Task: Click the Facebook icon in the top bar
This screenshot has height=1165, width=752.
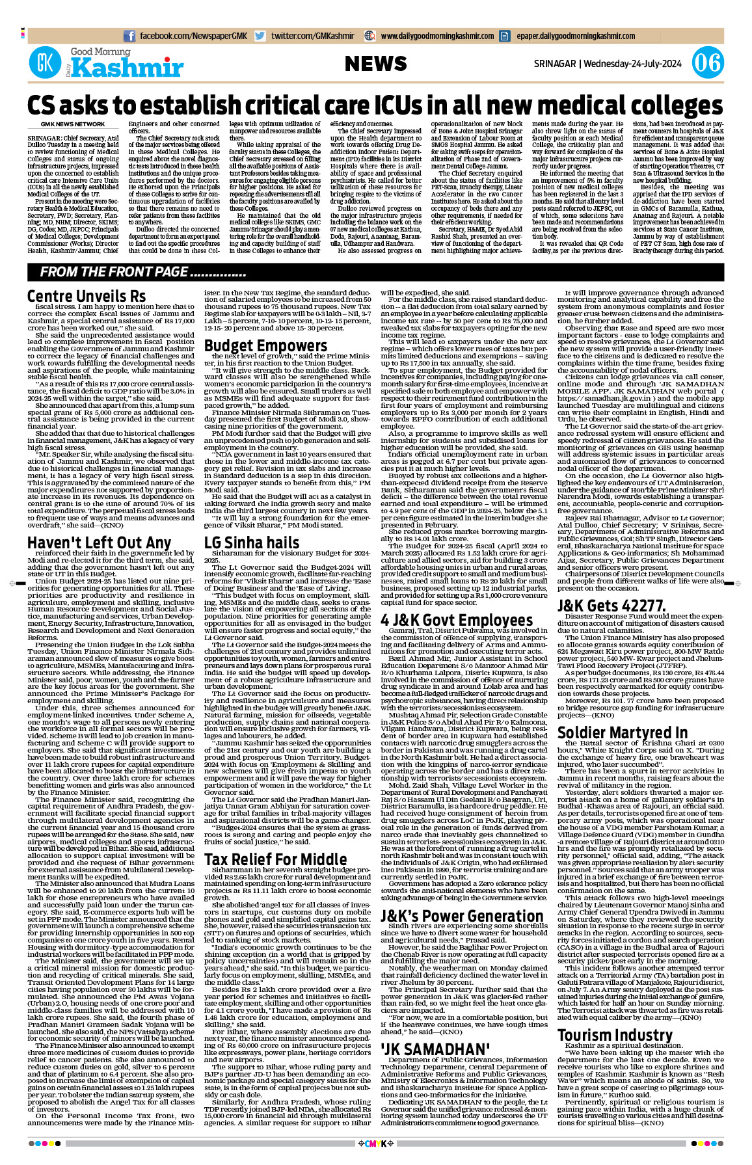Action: [x=129, y=36]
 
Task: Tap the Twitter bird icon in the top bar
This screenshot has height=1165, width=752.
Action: [x=260, y=36]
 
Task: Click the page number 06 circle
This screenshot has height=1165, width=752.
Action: [x=706, y=64]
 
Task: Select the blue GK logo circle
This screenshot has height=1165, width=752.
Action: [x=45, y=63]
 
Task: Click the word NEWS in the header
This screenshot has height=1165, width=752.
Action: [x=375, y=64]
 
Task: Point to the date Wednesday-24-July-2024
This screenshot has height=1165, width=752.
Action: [x=632, y=64]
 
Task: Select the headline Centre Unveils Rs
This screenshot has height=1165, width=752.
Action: [x=87, y=297]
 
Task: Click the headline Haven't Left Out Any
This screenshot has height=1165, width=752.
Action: [x=99, y=543]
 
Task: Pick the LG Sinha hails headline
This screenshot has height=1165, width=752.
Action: [x=252, y=542]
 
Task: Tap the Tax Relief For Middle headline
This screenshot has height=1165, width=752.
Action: [x=275, y=859]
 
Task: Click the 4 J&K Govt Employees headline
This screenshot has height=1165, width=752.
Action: [x=457, y=620]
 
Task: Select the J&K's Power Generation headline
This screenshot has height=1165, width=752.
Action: [x=462, y=916]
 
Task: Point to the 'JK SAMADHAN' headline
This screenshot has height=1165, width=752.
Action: [x=435, y=1049]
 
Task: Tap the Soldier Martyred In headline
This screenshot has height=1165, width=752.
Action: [x=623, y=732]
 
